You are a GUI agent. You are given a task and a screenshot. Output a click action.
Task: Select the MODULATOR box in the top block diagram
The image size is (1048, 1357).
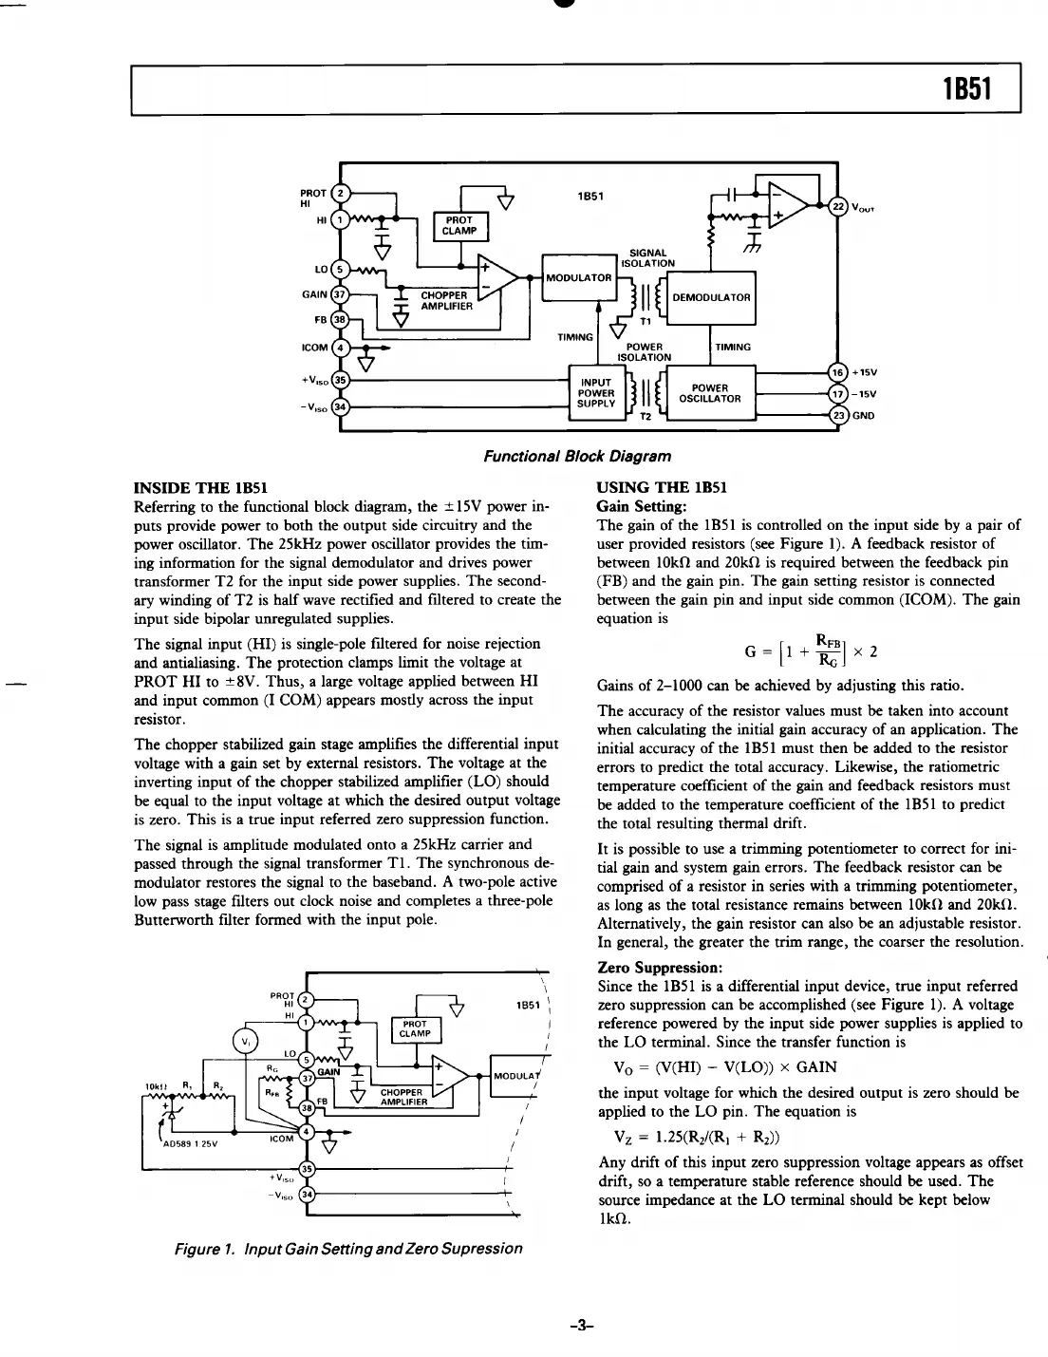(579, 277)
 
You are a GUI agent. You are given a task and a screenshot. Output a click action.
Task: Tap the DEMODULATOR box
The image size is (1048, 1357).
(711, 297)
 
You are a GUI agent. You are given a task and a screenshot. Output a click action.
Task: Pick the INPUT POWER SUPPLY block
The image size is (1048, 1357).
(596, 392)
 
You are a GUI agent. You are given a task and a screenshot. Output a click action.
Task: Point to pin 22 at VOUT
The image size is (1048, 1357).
(837, 206)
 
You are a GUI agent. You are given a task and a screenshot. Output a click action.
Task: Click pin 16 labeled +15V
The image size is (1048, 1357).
(836, 372)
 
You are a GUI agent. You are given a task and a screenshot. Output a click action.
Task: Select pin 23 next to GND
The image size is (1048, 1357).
(836, 415)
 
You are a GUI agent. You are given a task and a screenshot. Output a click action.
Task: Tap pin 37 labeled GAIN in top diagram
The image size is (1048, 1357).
(341, 293)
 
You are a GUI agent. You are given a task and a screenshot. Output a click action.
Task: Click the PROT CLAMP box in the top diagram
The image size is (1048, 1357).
(459, 225)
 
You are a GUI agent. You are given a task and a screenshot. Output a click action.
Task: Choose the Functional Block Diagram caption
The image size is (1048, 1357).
(577, 456)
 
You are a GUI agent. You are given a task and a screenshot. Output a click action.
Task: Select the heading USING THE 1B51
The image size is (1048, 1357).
(662, 488)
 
